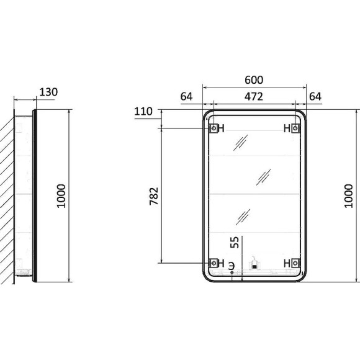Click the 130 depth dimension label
(48, 92)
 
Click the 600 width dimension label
(254, 80)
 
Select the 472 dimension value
(253, 97)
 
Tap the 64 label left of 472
(186, 97)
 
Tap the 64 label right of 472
(315, 97)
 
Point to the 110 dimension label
(143, 111)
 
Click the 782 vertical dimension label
(154, 196)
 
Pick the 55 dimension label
(235, 242)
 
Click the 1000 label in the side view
(61, 196)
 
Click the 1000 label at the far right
(348, 196)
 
